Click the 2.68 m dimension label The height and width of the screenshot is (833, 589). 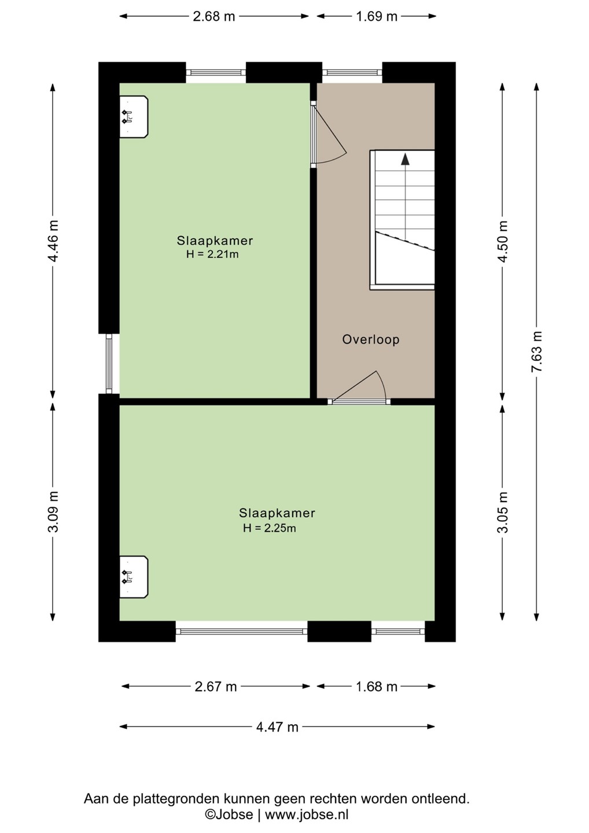(214, 16)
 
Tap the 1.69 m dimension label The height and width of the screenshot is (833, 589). (377, 16)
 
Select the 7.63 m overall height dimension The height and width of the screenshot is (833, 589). (536, 352)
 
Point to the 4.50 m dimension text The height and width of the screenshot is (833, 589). (503, 241)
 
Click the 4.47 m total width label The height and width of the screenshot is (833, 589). (277, 727)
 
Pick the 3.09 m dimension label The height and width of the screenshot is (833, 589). (53, 512)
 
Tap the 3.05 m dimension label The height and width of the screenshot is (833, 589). (503, 512)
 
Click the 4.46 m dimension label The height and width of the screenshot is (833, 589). (53, 241)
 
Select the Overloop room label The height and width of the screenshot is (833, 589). (371, 340)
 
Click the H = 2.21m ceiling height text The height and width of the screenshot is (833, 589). (212, 255)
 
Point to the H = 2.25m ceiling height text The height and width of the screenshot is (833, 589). (270, 528)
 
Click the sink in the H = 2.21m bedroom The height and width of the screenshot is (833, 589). (134, 117)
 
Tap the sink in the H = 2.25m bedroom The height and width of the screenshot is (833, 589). (134, 577)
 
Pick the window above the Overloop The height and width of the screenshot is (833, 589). (352, 72)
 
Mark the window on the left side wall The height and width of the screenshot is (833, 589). (109, 364)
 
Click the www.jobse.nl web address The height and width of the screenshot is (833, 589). (307, 814)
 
